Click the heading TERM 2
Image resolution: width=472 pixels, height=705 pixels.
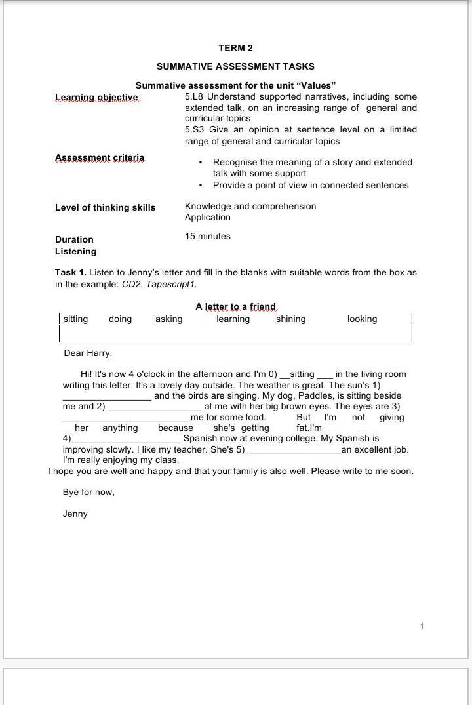[235, 48]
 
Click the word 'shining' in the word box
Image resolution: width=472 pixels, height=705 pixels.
[290, 319]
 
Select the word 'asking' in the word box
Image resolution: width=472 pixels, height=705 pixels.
[168, 319]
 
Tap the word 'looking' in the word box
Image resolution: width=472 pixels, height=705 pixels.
[362, 319]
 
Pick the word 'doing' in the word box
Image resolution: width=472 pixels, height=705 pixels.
[120, 319]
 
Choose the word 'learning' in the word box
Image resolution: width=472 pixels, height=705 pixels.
[233, 319]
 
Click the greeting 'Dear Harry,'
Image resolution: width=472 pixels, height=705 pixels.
[88, 353]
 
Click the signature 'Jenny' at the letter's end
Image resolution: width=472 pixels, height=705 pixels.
[75, 514]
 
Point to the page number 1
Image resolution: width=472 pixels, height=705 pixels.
[422, 626]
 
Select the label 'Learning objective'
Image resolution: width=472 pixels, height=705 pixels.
[96, 98]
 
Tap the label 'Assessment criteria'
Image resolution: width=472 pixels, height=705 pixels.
[99, 158]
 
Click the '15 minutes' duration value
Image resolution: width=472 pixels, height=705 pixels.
[207, 237]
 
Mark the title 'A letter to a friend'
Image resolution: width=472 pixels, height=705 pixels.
[235, 307]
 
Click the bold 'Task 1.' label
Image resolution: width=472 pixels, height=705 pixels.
[71, 273]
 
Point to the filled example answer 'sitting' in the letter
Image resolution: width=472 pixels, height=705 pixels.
[302, 374]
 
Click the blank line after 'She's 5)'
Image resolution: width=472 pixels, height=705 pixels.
[294, 450]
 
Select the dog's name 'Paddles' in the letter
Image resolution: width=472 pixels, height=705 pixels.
[315, 396]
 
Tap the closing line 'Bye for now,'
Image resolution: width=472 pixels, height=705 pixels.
[88, 493]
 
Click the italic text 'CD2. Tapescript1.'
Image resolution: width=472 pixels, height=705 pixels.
[159, 285]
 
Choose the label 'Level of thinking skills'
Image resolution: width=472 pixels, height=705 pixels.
[105, 208]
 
